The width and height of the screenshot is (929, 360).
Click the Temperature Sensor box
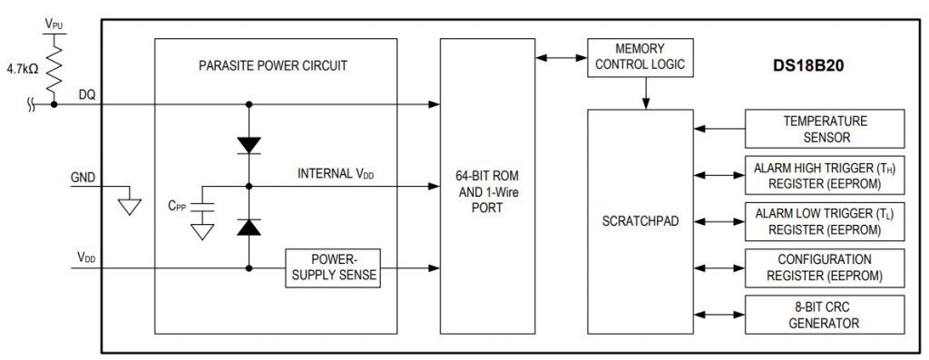click(x=825, y=129)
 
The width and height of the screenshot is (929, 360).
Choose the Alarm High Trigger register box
click(x=825, y=175)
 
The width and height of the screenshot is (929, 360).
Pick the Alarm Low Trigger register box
click(x=825, y=221)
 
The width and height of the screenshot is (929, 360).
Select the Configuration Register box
click(x=825, y=267)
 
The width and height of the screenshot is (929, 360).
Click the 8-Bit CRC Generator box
click(x=825, y=313)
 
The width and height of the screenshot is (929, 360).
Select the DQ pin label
click(x=87, y=93)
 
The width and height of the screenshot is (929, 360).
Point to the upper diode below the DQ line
click(x=248, y=144)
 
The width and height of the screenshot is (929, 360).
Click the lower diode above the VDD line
click(x=248, y=228)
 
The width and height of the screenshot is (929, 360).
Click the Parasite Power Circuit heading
click(x=275, y=65)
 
